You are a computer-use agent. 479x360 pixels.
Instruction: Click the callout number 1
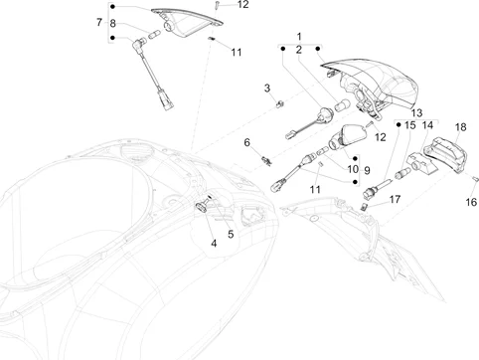pyautogui.click(x=299, y=36)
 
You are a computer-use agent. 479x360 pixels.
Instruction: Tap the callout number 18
pyautogui.click(x=460, y=127)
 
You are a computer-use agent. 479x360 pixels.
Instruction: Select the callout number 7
pyautogui.click(x=99, y=22)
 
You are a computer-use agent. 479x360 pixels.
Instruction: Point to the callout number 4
pyautogui.click(x=214, y=244)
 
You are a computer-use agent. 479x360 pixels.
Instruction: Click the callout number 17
pyautogui.click(x=231, y=234)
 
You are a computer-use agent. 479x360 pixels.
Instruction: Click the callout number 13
pyautogui.click(x=416, y=113)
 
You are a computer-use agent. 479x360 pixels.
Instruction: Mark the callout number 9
pyautogui.click(x=367, y=170)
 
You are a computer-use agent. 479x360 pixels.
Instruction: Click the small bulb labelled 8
pyautogui.click(x=154, y=34)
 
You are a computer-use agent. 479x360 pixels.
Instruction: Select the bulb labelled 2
pyautogui.click(x=341, y=105)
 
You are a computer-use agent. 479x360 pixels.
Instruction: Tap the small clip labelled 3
pyautogui.click(x=280, y=103)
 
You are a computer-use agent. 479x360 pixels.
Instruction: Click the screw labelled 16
pyautogui.click(x=476, y=179)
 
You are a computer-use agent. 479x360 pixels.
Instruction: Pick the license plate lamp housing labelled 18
pyautogui.click(x=445, y=154)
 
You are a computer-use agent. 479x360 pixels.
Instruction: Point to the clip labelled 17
pyautogui.click(x=364, y=207)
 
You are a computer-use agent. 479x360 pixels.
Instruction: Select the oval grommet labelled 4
pyautogui.click(x=201, y=207)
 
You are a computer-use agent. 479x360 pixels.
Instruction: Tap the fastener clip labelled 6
pyautogui.click(x=266, y=161)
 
